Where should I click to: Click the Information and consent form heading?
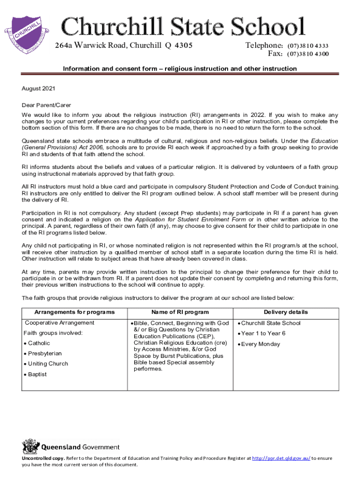pyautogui.click(x=180, y=69)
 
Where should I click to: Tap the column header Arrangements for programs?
pyautogui.click(x=74, y=312)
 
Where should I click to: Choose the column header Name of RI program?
pyautogui.click(x=180, y=312)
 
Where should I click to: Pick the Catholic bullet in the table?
pyautogui.click(x=39, y=343)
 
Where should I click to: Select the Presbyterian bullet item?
pyautogui.click(x=44, y=354)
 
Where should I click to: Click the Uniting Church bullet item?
pyautogui.click(x=48, y=364)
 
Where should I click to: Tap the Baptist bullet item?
pyautogui.click(x=37, y=375)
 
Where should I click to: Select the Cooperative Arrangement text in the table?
pyautogui.click(x=59, y=323)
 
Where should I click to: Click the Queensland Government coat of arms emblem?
pyautogui.click(x=31, y=447)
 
